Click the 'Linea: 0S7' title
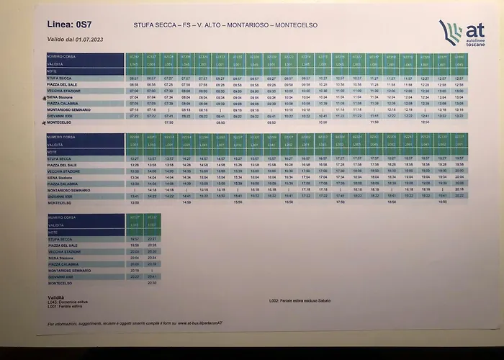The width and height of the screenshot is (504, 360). pos(69,25)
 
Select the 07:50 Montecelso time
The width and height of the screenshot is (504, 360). pos(168,122)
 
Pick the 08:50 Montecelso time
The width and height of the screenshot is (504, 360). pos(220,122)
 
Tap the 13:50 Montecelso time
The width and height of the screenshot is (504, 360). pos(134,202)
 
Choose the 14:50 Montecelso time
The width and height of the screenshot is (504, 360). pos(186,202)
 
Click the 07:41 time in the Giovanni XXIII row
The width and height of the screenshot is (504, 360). pos(168,116)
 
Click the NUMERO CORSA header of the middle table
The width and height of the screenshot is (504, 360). pos(60,136)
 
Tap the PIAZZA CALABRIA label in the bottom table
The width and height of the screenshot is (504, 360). pos(63,264)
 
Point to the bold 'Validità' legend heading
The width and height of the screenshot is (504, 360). pos(56,297)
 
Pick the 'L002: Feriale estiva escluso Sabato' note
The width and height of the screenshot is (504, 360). pos(300,300)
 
